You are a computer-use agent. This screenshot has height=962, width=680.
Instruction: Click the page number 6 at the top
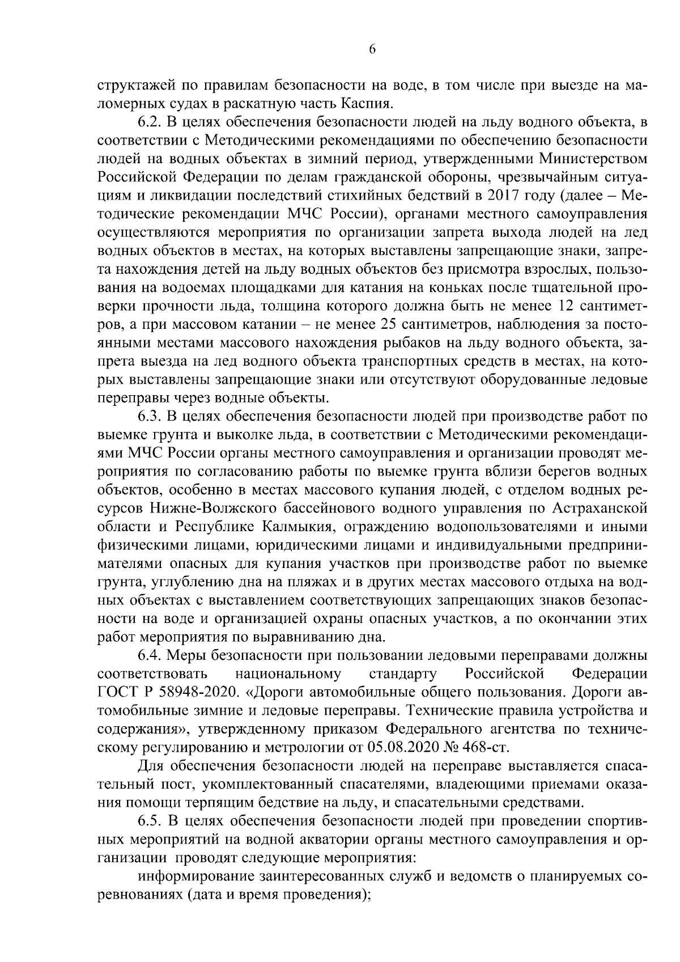click(x=372, y=49)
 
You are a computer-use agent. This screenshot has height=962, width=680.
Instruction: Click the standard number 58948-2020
click(x=195, y=692)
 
